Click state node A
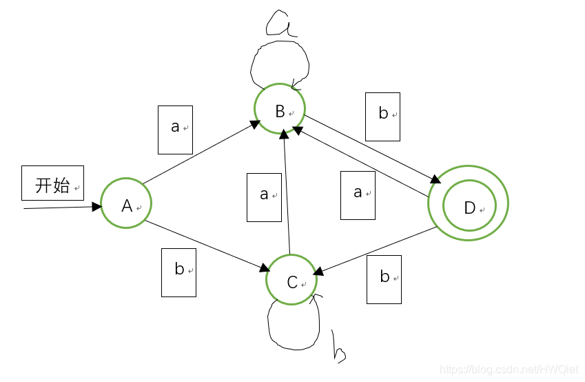click(x=126, y=203)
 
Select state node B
click(x=280, y=109)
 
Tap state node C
click(x=291, y=279)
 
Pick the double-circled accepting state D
click(x=469, y=203)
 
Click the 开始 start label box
click(x=52, y=183)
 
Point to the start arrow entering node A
click(x=62, y=207)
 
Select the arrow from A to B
click(x=200, y=153)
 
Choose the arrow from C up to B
click(x=285, y=193)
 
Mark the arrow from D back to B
click(x=365, y=163)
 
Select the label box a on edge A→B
click(x=175, y=130)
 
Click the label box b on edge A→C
click(x=178, y=272)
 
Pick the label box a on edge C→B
click(x=264, y=197)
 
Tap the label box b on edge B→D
click(x=382, y=117)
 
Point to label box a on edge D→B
click(x=358, y=195)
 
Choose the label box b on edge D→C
click(x=384, y=279)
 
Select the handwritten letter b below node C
click(x=338, y=348)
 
